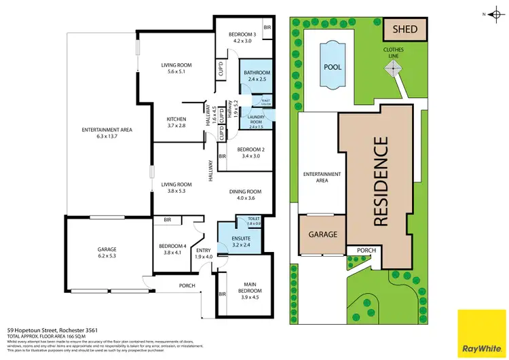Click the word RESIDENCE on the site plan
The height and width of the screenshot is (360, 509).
tap(381, 181)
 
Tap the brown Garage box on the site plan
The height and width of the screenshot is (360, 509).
tap(323, 234)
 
